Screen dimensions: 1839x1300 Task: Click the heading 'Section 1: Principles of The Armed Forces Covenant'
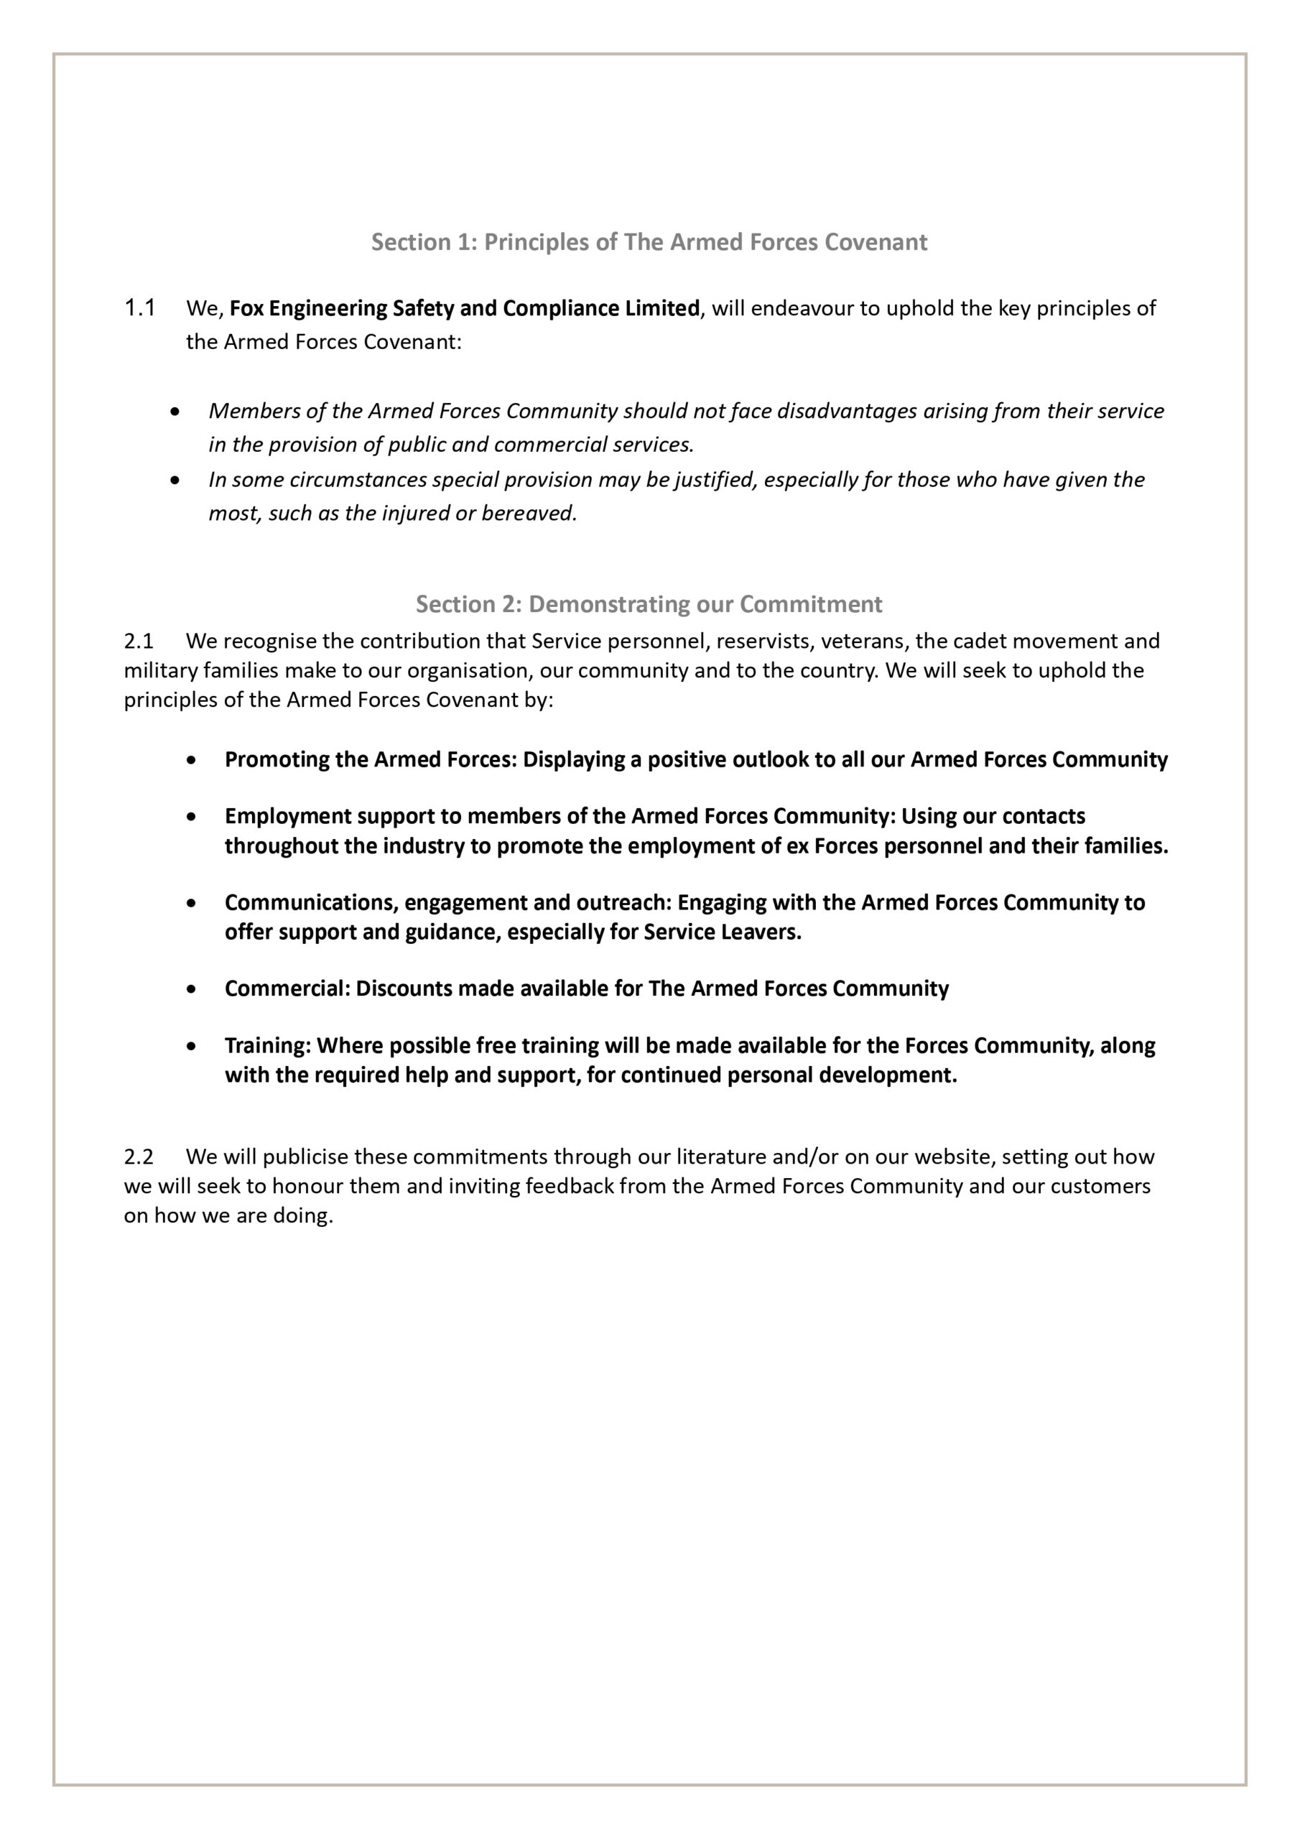649,242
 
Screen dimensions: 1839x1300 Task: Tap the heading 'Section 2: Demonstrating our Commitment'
649,604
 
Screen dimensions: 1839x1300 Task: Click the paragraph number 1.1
140,307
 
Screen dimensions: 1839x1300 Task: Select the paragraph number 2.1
138,641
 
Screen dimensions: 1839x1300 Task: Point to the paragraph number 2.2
138,1157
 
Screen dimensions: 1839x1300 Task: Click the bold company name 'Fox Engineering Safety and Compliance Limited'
465,308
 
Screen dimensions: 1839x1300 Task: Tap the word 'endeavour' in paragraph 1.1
802,308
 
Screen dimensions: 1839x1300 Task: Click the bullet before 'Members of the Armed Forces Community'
175,412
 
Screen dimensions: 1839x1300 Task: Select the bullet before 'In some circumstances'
175,481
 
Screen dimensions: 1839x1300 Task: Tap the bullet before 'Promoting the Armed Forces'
190,760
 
